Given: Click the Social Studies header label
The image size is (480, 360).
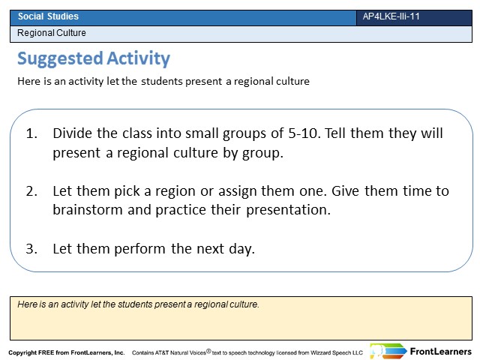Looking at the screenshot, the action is click(x=48, y=16).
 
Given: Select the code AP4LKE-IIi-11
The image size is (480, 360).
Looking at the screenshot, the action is click(x=391, y=16).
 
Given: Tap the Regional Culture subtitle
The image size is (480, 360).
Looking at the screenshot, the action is click(x=52, y=33).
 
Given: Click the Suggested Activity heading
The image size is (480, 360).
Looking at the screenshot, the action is click(x=94, y=58).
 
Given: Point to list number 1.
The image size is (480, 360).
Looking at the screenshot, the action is click(x=31, y=133).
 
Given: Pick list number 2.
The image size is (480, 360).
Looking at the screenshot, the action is click(x=31, y=191).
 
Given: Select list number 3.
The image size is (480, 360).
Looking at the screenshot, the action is click(x=31, y=248).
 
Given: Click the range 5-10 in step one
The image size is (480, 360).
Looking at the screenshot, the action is click(x=304, y=133).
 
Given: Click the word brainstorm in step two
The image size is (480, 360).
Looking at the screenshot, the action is click(x=88, y=210).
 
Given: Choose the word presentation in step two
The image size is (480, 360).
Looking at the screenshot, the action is click(x=288, y=210).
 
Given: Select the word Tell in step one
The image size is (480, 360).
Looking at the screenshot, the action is click(x=334, y=133).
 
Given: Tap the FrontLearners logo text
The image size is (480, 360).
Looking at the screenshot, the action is click(x=440, y=352).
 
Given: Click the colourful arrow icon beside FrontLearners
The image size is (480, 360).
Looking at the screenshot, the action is click(x=388, y=351).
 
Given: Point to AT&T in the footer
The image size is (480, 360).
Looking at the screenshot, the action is click(x=162, y=352).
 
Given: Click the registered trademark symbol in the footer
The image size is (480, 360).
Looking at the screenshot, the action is click(x=208, y=351).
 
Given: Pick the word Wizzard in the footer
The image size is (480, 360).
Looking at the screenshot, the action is click(x=320, y=352).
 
